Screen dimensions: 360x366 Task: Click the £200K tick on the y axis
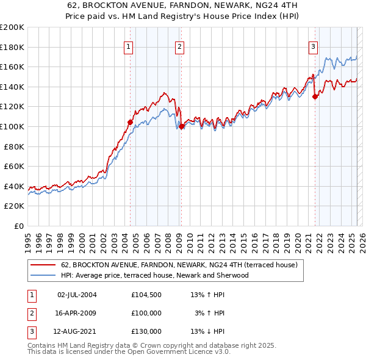coord(12,27)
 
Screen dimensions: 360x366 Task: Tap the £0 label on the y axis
coord(20,226)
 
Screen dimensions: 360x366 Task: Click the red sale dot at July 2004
coord(130,122)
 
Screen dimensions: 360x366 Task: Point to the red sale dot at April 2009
coord(182,126)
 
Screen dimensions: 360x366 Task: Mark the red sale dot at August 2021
coord(315,96)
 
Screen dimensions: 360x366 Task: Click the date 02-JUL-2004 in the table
coord(77,295)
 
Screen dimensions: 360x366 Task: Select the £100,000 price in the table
coord(146,313)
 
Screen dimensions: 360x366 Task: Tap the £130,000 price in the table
coord(146,331)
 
